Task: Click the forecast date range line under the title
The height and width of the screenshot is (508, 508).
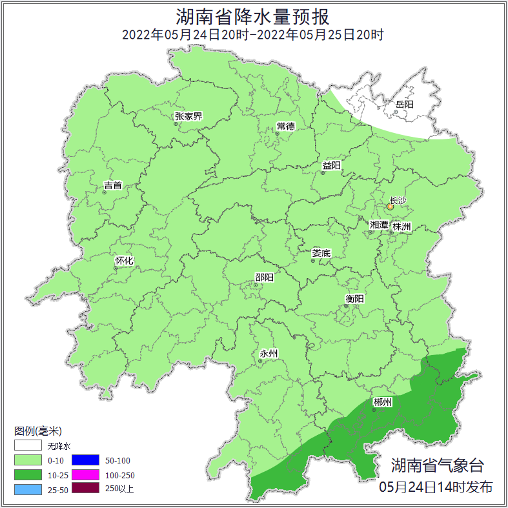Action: point(254,34)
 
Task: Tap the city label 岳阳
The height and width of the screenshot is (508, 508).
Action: point(405,104)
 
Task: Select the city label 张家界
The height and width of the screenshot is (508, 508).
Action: point(188,117)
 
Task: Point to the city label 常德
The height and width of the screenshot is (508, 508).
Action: point(285,126)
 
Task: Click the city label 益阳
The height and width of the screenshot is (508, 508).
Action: point(332,165)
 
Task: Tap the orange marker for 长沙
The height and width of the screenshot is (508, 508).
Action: point(390,207)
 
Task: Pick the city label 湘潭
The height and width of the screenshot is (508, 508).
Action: point(379,225)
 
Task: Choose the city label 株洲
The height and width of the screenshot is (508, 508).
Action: point(401,227)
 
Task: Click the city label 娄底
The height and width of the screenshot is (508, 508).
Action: point(321,253)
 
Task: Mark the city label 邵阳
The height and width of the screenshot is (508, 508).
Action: point(264,278)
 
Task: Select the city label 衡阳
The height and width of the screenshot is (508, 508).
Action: point(354,298)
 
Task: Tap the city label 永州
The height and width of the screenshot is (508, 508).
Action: point(269,353)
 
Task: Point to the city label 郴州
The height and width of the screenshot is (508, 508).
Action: point(383,402)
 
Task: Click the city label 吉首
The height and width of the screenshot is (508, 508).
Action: point(113,185)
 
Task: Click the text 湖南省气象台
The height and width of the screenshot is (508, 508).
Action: point(437,465)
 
